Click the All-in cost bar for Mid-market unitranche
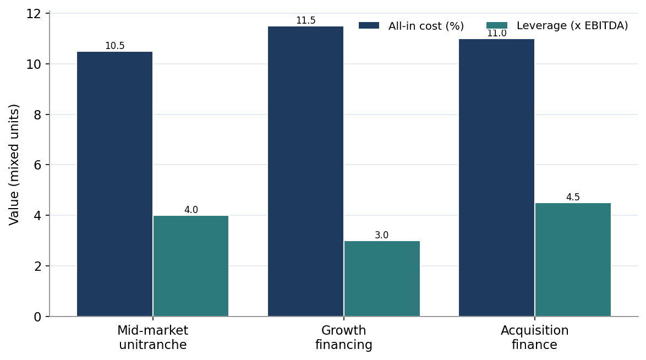point(114,184)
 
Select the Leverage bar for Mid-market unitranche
point(191,266)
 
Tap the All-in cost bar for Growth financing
point(306,172)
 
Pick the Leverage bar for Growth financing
point(382,279)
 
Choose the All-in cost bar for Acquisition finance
point(496,178)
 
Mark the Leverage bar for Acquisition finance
point(573,260)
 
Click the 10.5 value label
point(114,46)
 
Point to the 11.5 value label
point(306,20)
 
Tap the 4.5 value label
point(573,197)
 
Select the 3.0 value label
point(382,235)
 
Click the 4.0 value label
point(191,210)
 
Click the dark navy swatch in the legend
point(369,25)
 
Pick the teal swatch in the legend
point(497,25)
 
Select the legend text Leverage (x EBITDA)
point(572,25)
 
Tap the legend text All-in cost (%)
point(426,26)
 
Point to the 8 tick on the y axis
point(38,114)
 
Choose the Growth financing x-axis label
point(343,337)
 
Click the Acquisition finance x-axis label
point(535,337)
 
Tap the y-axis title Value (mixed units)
point(14,165)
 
